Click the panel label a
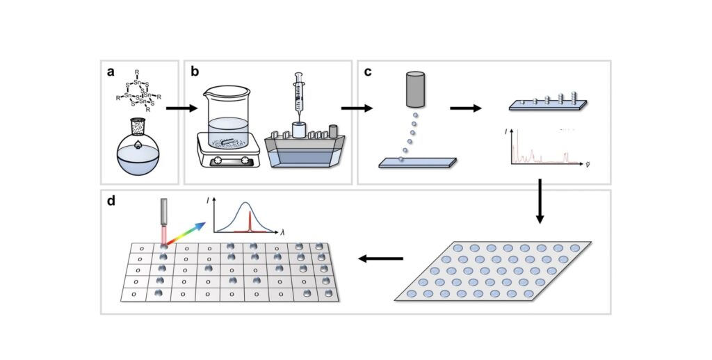click(110, 71)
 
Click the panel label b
click(195, 71)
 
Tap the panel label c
click(368, 71)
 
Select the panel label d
click(110, 202)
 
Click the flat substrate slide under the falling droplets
click(417, 163)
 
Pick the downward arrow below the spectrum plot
click(540, 202)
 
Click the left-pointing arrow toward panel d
click(380, 259)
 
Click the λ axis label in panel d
click(283, 234)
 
